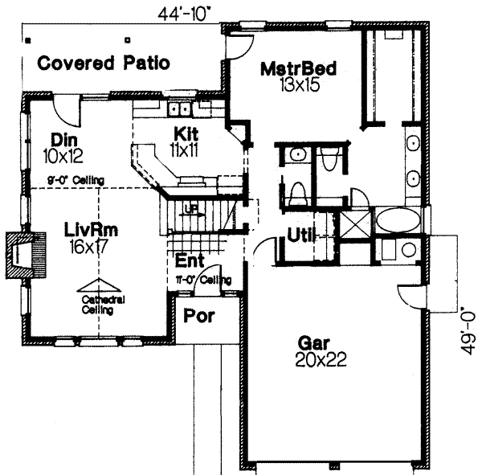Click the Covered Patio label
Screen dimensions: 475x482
click(x=104, y=63)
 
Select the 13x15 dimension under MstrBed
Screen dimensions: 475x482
click(x=297, y=83)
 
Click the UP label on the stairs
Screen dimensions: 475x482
click(x=190, y=207)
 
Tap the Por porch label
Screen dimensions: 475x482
click(x=199, y=316)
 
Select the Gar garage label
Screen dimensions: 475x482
click(x=319, y=343)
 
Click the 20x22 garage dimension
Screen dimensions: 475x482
click(x=319, y=360)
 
